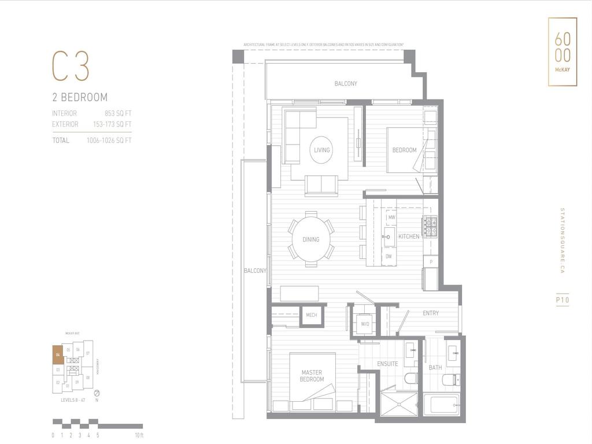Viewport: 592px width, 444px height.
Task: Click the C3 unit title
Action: [x=71, y=66]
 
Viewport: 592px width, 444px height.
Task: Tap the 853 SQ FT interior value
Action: [x=118, y=113]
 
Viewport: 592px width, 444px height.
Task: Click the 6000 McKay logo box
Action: [x=562, y=52]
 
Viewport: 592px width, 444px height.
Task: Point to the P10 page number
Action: [x=563, y=300]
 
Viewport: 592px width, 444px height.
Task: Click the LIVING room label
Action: [x=321, y=150]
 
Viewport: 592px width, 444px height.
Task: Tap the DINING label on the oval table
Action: [x=310, y=239]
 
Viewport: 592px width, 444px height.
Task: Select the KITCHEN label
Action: [x=409, y=236]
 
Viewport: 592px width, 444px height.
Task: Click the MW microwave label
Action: [x=391, y=217]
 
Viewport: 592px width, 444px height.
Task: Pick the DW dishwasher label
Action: [x=388, y=256]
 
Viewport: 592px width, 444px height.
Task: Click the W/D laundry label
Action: [x=365, y=324]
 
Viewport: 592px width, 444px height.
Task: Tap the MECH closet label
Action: [x=311, y=315]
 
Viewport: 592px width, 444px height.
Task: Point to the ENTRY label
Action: [x=431, y=313]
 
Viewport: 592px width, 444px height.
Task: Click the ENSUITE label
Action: [x=387, y=364]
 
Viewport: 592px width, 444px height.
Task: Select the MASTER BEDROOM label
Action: [x=312, y=376]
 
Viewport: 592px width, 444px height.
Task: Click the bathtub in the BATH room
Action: [x=441, y=404]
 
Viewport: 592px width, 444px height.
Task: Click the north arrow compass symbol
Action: [x=97, y=393]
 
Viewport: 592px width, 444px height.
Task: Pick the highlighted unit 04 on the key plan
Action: [x=58, y=354]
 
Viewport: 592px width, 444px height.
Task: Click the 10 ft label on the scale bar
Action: [x=139, y=435]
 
